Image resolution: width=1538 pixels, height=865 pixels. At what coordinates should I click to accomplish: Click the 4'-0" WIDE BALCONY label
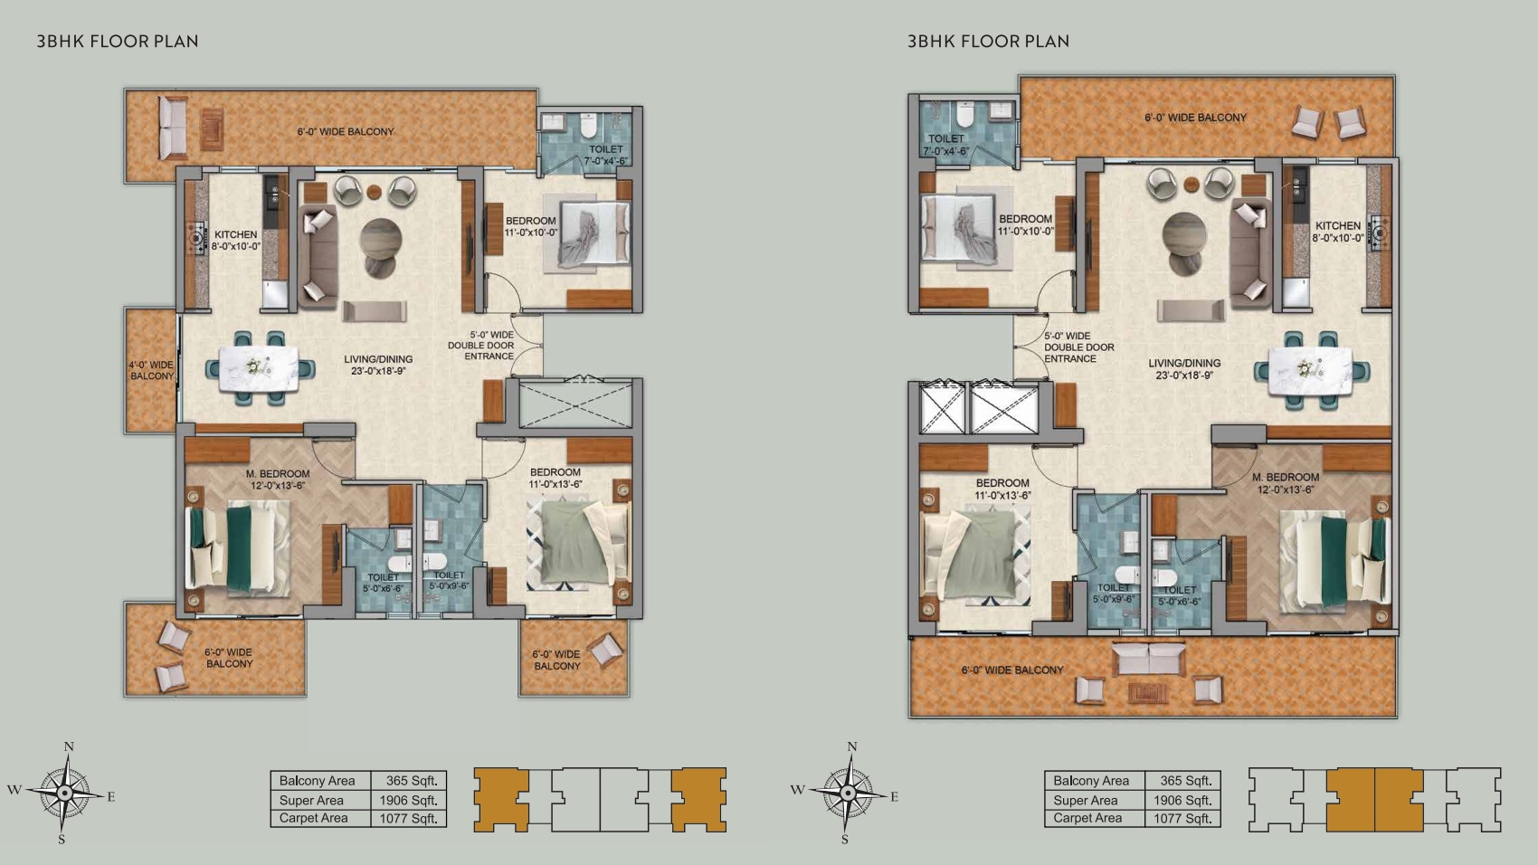[152, 371]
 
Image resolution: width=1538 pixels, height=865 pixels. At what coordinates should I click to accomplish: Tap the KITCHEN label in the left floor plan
[235, 234]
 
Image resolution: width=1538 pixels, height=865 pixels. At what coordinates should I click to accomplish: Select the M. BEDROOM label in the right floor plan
[1286, 477]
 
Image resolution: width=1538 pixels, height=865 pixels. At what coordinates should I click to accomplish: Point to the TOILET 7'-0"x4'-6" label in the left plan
[605, 155]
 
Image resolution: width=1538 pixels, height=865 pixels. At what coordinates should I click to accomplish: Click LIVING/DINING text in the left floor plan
[378, 359]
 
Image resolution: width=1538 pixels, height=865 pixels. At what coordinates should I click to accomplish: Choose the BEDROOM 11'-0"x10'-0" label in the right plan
[1025, 225]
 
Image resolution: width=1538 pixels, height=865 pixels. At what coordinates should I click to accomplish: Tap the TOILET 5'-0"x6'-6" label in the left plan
[383, 583]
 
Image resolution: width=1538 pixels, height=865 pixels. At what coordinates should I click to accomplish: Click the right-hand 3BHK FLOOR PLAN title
[988, 42]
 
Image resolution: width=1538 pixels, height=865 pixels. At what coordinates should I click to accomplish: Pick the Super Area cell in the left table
[311, 800]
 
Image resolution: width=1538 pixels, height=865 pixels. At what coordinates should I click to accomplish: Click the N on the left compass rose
[69, 746]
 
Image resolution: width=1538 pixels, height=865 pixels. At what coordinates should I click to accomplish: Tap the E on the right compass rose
[894, 796]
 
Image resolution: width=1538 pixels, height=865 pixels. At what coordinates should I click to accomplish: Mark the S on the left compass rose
[62, 839]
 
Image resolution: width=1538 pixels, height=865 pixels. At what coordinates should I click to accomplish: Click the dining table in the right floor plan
[1310, 371]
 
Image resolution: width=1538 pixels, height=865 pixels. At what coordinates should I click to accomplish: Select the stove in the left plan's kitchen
[198, 238]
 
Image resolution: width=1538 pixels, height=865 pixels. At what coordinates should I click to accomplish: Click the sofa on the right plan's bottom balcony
[1148, 658]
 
